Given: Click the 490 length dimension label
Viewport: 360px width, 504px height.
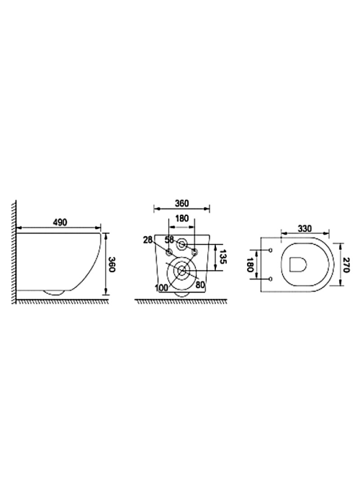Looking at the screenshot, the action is point(60,222).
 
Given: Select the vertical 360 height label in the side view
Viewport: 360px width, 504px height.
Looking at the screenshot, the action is point(111,264).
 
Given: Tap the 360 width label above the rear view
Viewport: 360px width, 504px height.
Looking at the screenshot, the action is point(182,204).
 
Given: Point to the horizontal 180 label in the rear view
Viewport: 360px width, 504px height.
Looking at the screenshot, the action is point(182,219).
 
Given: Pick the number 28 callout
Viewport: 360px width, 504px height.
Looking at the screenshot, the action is point(148,240).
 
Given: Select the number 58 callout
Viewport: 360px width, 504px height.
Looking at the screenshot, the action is point(169,240).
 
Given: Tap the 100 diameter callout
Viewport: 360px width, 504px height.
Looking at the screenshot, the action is point(161,288).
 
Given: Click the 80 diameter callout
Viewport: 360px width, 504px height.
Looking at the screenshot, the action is point(200,284).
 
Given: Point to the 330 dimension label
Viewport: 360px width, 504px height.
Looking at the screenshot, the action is point(305,228).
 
